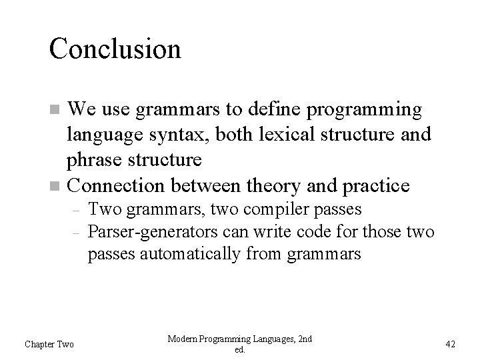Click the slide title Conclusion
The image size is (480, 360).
point(115,49)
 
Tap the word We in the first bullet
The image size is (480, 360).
point(83,108)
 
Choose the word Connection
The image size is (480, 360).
point(116,184)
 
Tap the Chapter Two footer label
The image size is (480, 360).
point(49,344)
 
